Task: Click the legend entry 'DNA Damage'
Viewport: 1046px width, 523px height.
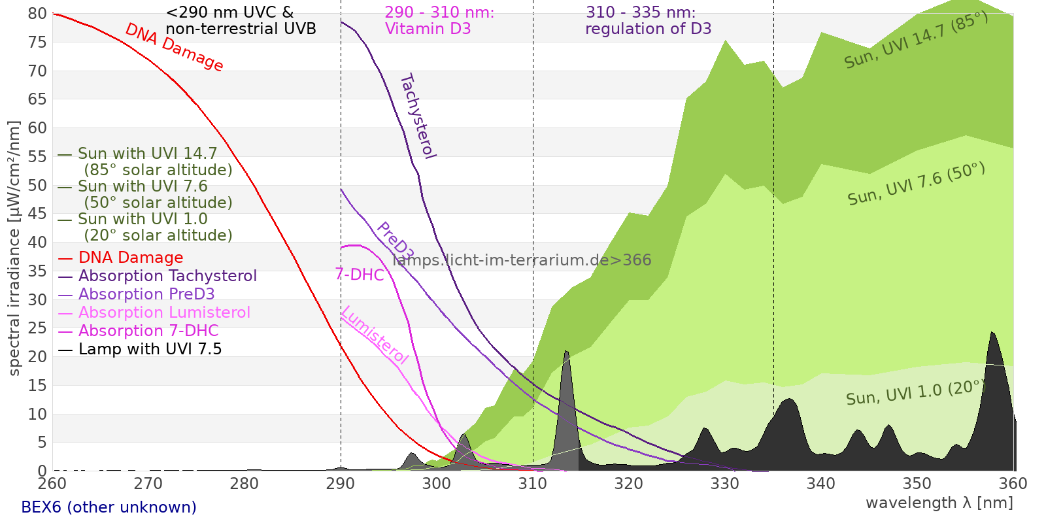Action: click(x=131, y=258)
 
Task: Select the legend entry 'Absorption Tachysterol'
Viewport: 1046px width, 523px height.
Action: click(x=167, y=276)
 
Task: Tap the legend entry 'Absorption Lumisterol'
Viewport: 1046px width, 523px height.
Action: click(x=164, y=312)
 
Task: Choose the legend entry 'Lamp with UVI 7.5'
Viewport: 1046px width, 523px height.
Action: click(x=150, y=349)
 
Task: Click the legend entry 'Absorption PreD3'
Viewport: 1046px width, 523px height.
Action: click(x=146, y=294)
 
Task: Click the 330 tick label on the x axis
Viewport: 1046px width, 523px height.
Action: click(x=725, y=483)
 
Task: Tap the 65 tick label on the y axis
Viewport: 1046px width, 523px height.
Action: click(x=38, y=99)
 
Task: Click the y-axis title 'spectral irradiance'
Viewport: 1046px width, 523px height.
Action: click(x=14, y=248)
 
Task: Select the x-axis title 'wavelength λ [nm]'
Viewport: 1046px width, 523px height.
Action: click(x=939, y=503)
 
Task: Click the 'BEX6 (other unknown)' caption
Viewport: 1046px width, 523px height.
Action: click(x=109, y=507)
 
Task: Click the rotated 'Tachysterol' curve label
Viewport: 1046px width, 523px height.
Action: click(x=418, y=116)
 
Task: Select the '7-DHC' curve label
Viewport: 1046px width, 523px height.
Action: click(x=360, y=275)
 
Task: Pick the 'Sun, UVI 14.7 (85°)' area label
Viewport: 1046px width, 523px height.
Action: click(x=916, y=41)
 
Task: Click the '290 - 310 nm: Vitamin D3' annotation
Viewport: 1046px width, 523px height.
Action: click(x=439, y=20)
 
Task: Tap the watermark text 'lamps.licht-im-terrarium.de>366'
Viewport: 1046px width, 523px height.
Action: click(x=522, y=260)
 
